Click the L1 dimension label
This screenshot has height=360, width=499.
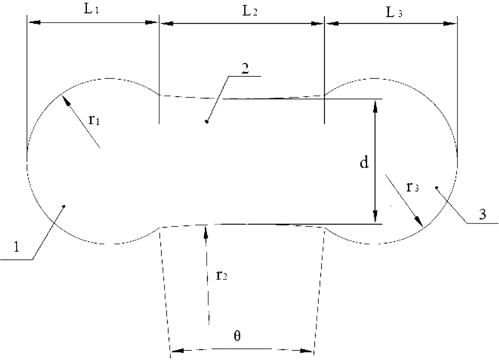tap(91, 9)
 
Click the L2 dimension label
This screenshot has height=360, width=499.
tap(250, 11)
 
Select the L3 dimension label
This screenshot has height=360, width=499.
tap(394, 12)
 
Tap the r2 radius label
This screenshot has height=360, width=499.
tap(221, 276)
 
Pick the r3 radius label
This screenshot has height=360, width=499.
tap(412, 187)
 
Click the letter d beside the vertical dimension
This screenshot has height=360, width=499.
tap(364, 162)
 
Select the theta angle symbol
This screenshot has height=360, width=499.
tap(237, 336)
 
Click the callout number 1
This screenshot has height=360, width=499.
tap(16, 247)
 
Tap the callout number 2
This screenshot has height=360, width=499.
tap(245, 69)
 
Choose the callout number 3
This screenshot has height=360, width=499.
tap(483, 214)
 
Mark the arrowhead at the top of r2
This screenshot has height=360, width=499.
tap(206, 232)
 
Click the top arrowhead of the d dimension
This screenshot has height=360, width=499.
tap(375, 107)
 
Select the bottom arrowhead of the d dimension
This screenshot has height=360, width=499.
tap(375, 216)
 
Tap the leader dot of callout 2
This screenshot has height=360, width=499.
tap(207, 121)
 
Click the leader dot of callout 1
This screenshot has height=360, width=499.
tap(64, 206)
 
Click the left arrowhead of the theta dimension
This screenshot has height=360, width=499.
tap(177, 351)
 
